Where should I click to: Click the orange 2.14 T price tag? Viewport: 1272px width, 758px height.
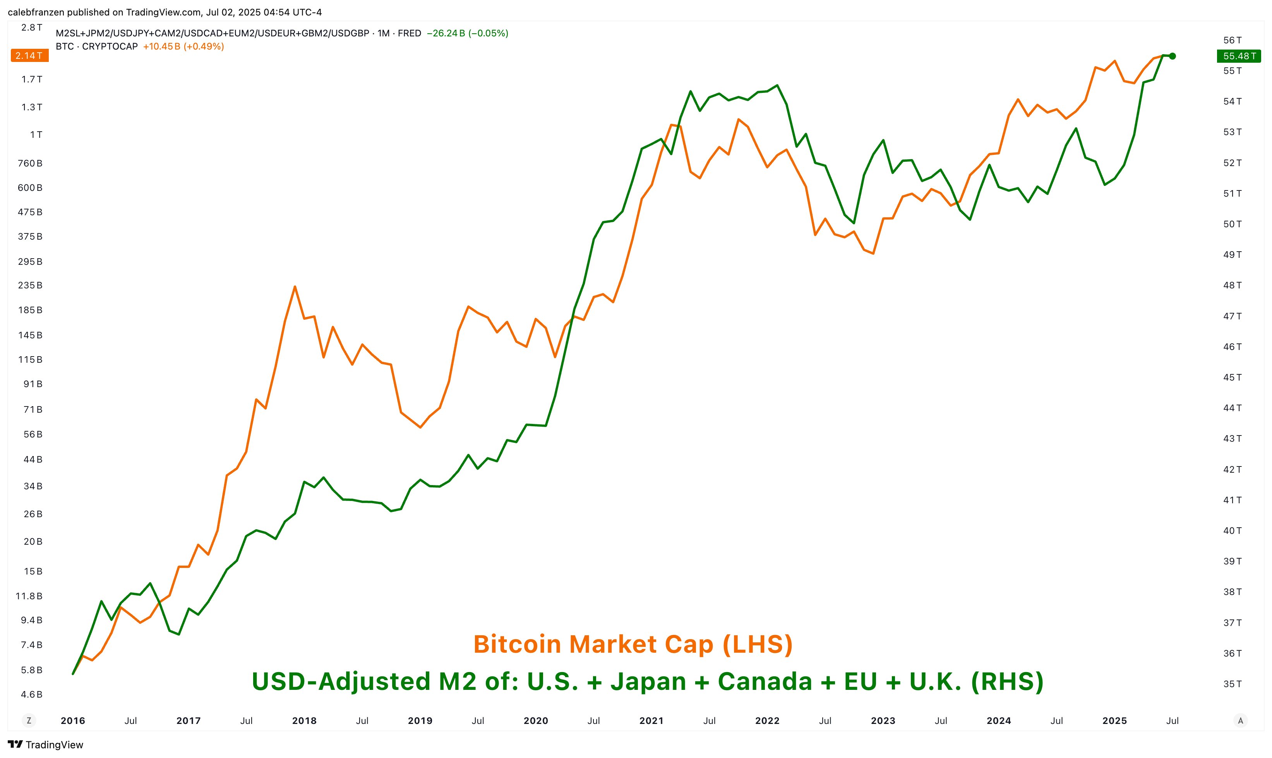[x=29, y=56]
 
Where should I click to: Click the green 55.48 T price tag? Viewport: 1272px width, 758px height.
[x=1239, y=56]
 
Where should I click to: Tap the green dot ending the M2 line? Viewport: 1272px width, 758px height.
[x=1173, y=56]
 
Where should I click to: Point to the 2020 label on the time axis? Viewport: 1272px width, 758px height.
[x=536, y=721]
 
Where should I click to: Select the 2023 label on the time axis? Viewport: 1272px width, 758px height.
[x=883, y=721]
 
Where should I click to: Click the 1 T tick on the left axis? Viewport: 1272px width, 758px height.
[x=36, y=135]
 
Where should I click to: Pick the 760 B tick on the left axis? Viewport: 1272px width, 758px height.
[x=30, y=163]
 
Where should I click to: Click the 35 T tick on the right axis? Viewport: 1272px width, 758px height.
[x=1232, y=684]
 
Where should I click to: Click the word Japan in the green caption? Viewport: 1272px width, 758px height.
[x=648, y=681]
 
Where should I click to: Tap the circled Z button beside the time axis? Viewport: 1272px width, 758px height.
[x=29, y=721]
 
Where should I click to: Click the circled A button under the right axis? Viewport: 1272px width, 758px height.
[x=1240, y=721]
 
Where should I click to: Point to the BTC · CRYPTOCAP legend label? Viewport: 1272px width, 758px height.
[x=96, y=46]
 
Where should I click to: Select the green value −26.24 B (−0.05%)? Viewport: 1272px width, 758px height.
[x=467, y=33]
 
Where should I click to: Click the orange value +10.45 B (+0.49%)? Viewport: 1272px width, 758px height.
[x=183, y=46]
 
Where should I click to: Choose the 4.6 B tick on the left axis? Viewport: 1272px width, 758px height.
[x=32, y=695]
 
